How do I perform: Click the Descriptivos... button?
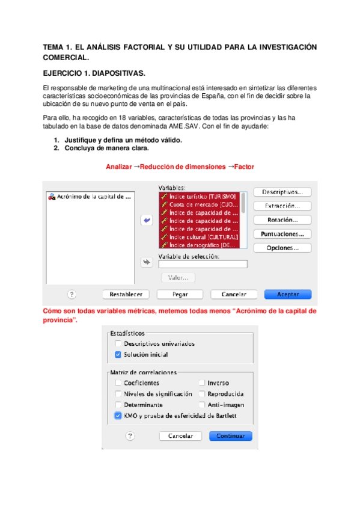tap(281, 192)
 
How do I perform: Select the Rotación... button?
tap(281, 220)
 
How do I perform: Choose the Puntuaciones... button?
tap(281, 233)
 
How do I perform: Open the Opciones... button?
tap(281, 248)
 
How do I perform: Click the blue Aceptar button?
tap(288, 294)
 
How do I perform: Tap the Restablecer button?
tap(126, 294)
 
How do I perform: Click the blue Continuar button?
tap(230, 435)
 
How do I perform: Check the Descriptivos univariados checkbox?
tap(118, 344)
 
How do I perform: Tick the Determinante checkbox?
tap(118, 405)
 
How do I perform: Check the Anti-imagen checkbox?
tap(203, 405)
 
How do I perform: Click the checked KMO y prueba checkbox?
tap(118, 416)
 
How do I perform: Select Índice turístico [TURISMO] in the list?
tap(200, 197)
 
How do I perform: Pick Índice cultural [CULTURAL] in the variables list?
tap(200, 237)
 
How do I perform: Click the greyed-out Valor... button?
tap(178, 278)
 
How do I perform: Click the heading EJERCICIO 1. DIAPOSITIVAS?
tap(94, 73)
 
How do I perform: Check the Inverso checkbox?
tap(203, 383)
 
